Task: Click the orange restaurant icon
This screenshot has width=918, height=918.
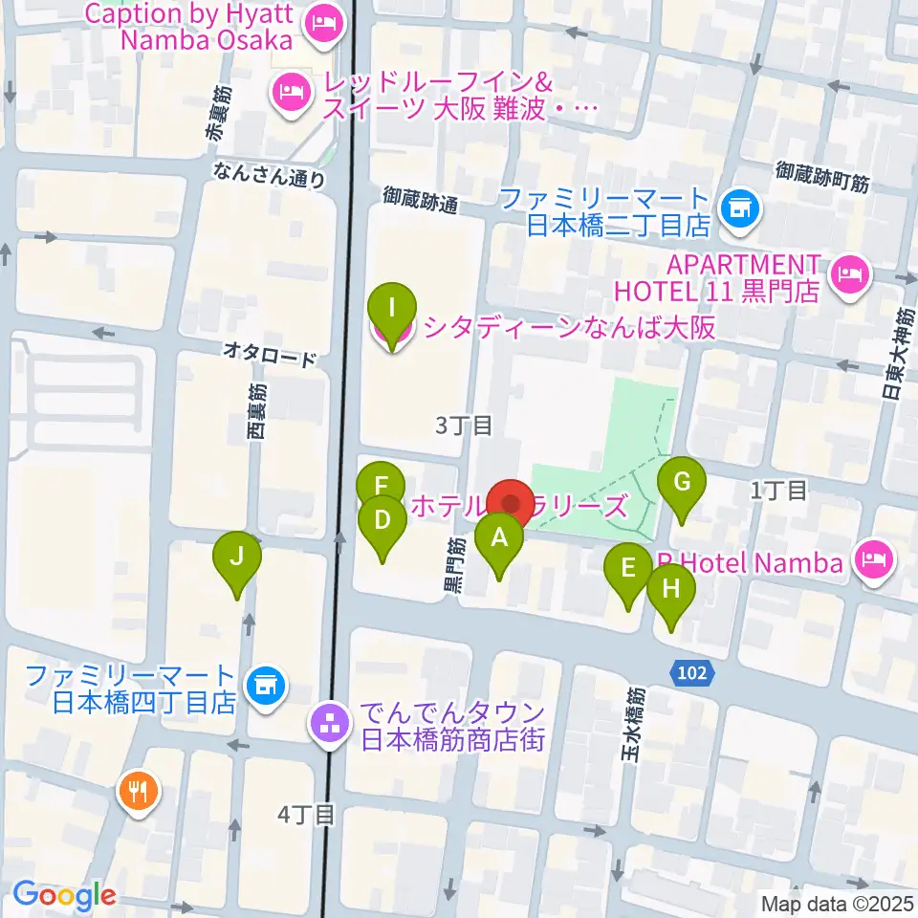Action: click(139, 791)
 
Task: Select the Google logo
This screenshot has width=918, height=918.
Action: click(64, 896)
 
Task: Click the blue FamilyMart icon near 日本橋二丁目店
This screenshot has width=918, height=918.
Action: click(738, 207)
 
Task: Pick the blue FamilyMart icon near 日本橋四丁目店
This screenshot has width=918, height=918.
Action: click(264, 685)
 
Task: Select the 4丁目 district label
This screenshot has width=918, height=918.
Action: click(306, 815)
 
